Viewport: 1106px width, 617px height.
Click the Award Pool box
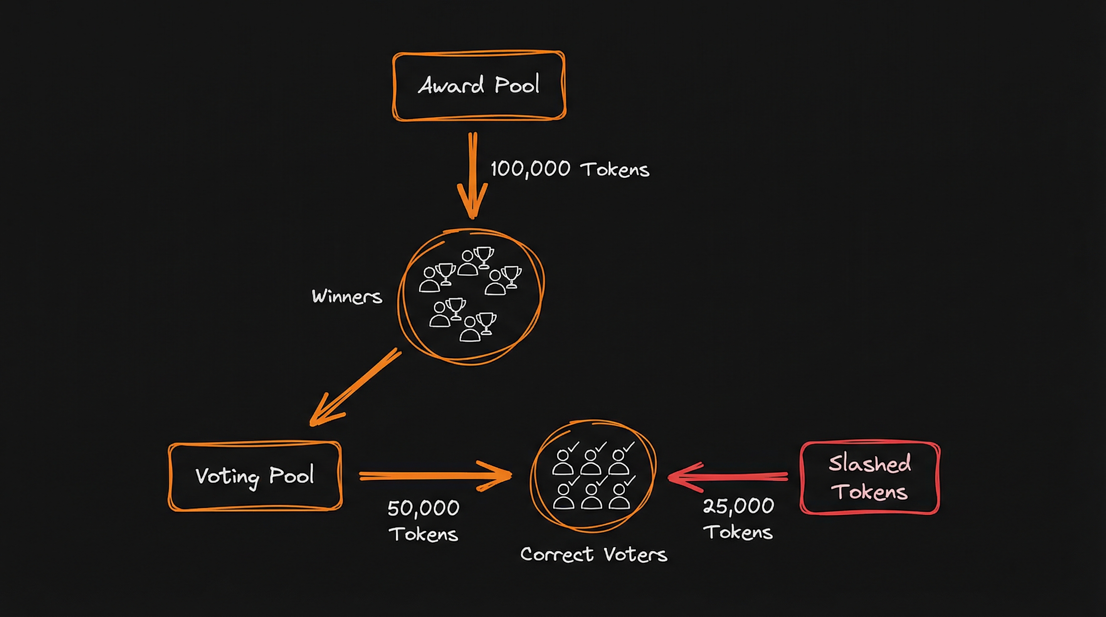[x=479, y=86]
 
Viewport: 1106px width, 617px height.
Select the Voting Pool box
[x=255, y=476]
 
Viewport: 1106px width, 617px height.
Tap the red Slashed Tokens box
[x=869, y=477]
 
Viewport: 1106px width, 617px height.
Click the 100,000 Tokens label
[x=570, y=169]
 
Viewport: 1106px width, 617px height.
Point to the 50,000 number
[x=423, y=509]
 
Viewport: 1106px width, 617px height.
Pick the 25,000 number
[x=739, y=506]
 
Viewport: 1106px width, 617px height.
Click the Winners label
[x=347, y=296]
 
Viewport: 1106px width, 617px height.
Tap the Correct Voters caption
[x=594, y=554]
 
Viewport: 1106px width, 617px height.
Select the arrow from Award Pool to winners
[x=472, y=176]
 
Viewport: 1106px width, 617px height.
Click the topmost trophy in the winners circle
[x=484, y=257]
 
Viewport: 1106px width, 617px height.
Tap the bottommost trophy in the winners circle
[x=486, y=323]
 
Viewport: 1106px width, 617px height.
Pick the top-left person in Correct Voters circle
[x=563, y=462]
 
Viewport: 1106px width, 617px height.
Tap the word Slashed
[x=869, y=464]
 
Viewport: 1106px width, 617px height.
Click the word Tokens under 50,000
[x=423, y=535]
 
